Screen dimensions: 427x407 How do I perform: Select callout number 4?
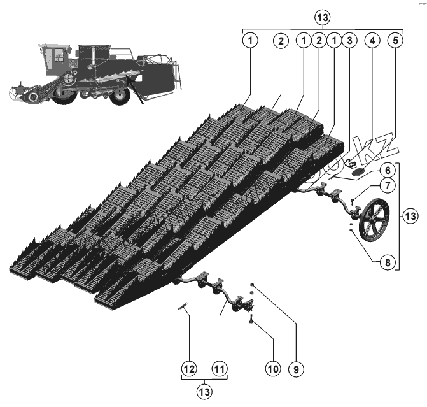[x=372, y=39]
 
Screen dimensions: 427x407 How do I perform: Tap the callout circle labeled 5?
[x=395, y=39]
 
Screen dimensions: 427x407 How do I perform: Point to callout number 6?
[x=386, y=170]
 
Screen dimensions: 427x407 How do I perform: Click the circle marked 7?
[x=386, y=185]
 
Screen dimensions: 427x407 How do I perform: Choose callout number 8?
[x=386, y=260]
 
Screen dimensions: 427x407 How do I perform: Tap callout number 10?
[x=273, y=368]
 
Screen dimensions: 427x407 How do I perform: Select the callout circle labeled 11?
[x=220, y=368]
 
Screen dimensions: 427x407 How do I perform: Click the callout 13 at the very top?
[x=322, y=14]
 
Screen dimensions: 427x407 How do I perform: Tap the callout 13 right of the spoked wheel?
[x=411, y=217]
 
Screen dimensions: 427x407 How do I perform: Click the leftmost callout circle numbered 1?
[x=251, y=39]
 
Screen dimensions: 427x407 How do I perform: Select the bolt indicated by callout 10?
[x=252, y=319]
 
